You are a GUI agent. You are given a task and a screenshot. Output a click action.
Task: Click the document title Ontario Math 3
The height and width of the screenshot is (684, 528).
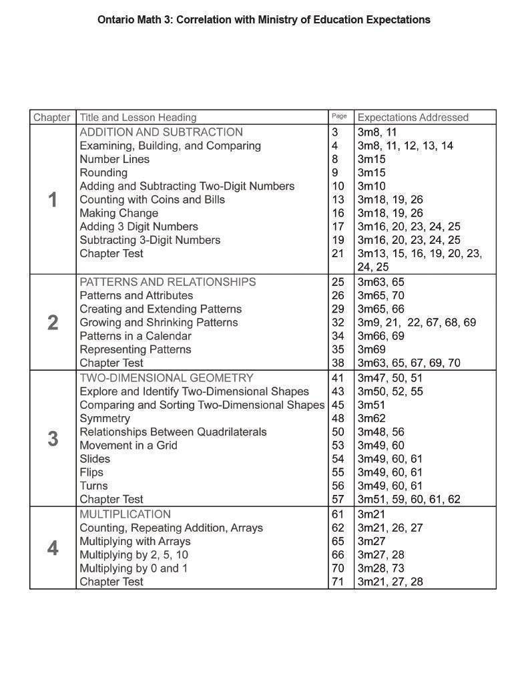264,19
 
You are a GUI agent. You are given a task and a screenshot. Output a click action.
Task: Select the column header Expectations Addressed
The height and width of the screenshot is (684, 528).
413,118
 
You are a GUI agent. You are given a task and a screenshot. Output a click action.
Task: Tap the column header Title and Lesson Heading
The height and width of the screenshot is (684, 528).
138,118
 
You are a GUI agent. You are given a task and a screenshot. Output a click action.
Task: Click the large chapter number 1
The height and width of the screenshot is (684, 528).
53,200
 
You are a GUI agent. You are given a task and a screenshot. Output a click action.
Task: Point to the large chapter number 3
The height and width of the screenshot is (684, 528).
53,439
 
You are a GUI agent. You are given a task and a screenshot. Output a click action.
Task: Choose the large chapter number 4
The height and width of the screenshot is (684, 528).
53,548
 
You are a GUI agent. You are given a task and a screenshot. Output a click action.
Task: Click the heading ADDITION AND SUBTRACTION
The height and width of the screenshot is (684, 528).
161,132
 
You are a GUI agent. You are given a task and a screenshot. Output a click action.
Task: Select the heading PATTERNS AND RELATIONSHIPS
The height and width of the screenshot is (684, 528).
168,282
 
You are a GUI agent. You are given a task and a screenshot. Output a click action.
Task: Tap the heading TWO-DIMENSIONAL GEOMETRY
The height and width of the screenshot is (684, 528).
166,378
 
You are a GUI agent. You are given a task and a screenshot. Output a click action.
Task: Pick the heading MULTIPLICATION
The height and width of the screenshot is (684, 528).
125,514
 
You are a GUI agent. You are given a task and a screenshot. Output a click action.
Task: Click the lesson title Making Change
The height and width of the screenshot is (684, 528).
119,213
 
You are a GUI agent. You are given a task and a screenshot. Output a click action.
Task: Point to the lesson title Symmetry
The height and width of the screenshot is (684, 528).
105,418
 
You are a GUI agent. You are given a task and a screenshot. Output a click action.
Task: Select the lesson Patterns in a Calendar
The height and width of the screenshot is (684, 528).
136,336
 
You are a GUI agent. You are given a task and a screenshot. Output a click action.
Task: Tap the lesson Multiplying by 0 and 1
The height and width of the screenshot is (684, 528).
134,568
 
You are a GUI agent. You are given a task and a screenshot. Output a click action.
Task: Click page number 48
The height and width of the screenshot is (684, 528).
338,418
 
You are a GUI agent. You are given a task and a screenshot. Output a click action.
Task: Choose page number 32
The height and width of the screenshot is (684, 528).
338,323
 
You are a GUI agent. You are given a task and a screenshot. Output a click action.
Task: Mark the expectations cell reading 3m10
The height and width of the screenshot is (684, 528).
371,186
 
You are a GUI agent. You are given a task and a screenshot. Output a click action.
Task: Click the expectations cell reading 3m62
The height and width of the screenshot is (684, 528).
371,418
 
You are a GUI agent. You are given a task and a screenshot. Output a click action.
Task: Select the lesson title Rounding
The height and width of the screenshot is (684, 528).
103,173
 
